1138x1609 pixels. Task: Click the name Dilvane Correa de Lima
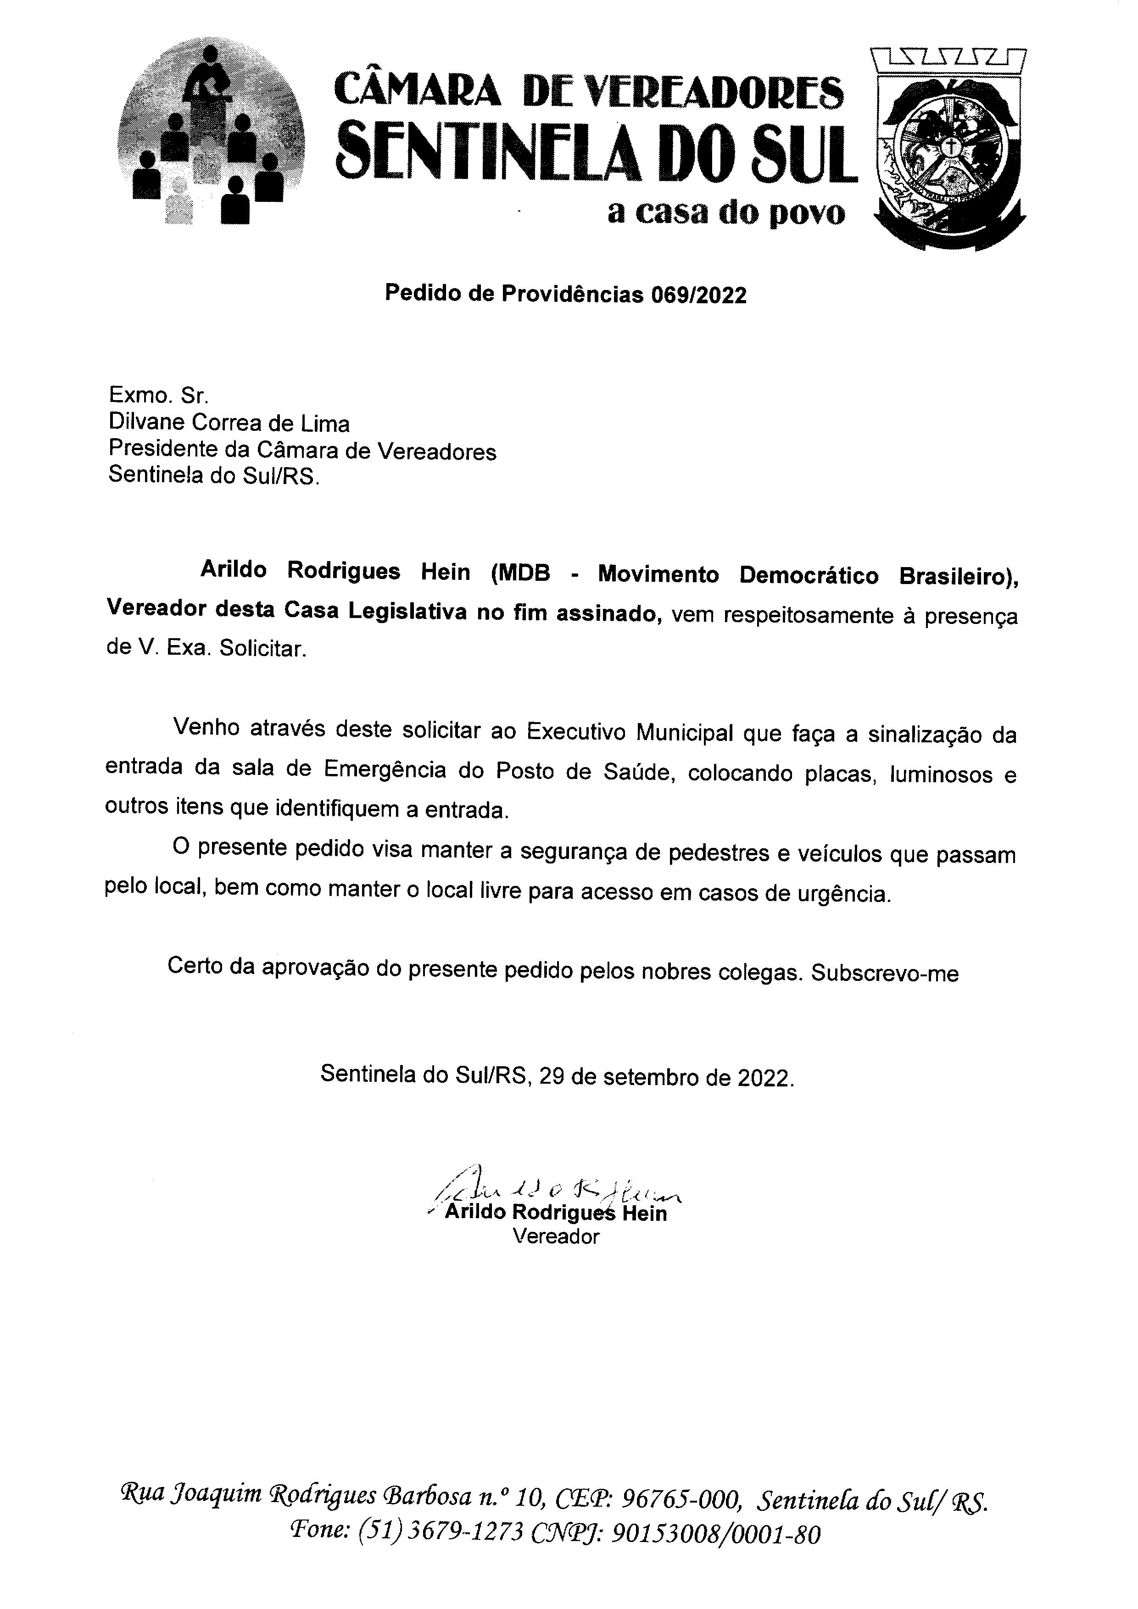229,423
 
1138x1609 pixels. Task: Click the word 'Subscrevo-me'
884,974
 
